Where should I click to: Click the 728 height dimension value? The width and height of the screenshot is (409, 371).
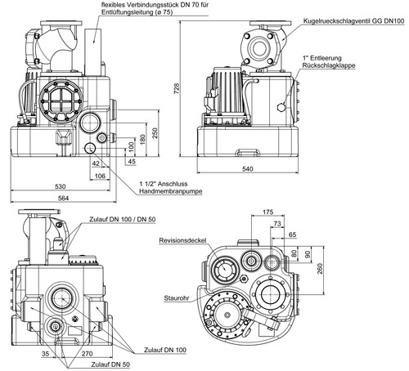tap(177, 89)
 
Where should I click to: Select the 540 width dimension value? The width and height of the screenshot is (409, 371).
tap(248, 169)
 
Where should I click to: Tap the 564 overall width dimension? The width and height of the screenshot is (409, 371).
tap(63, 199)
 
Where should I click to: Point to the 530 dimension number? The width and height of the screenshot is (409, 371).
tap(61, 186)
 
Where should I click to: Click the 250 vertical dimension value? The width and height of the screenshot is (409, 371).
tap(155, 133)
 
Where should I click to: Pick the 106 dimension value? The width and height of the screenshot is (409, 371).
tap(100, 176)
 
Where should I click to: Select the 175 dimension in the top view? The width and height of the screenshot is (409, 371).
tap(267, 212)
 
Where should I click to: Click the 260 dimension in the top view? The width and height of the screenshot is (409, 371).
tap(320, 268)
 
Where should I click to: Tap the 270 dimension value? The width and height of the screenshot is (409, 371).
tap(88, 354)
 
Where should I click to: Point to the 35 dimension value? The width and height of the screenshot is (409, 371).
tap(45, 354)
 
